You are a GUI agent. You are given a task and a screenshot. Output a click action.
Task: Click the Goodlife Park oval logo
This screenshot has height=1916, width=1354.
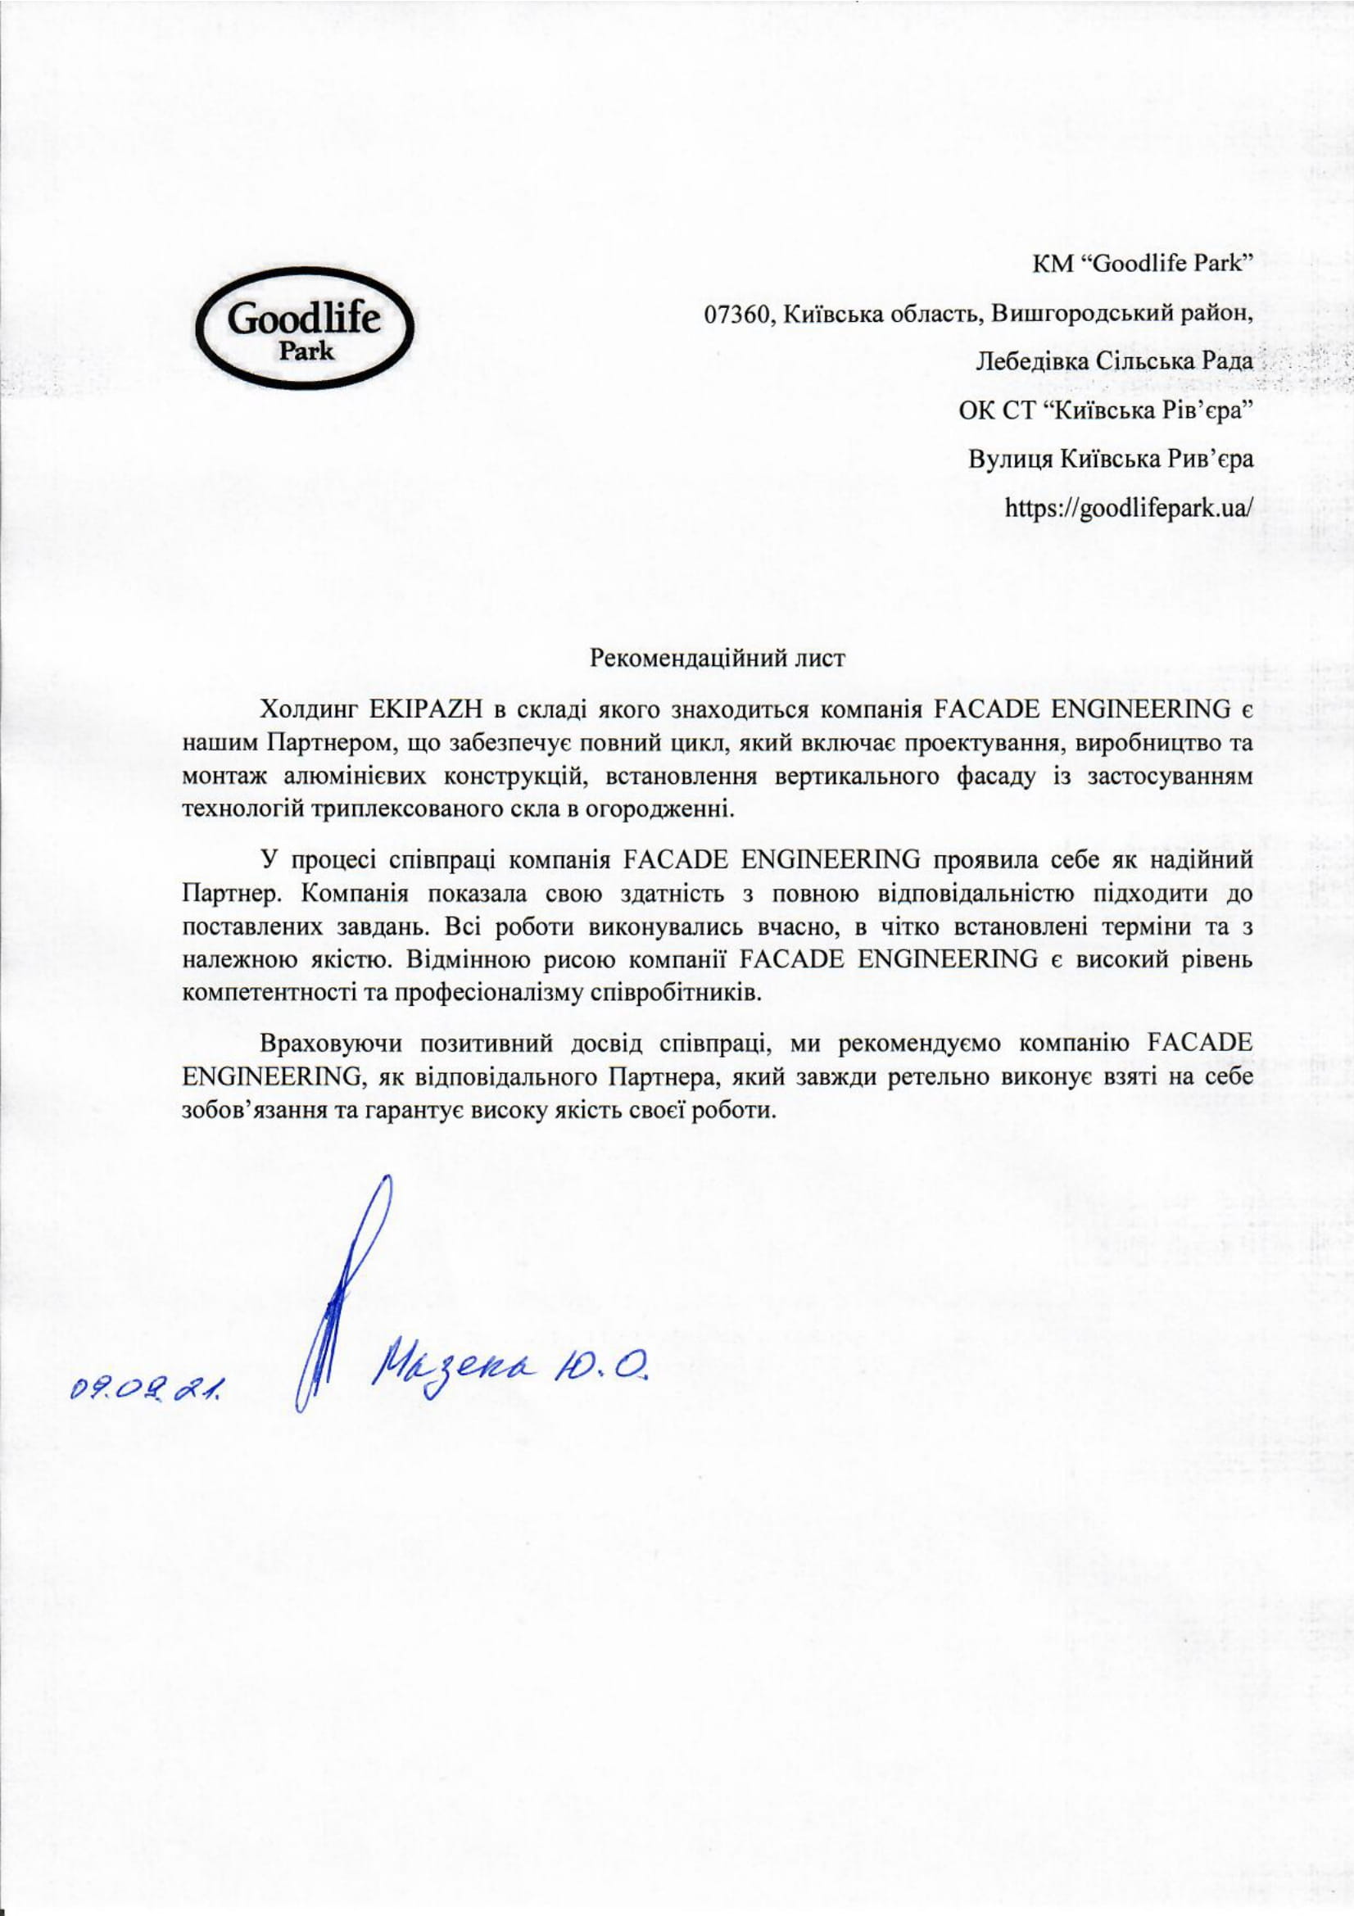(304, 331)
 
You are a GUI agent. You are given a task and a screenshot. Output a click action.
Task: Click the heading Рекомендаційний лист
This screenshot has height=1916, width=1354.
(718, 658)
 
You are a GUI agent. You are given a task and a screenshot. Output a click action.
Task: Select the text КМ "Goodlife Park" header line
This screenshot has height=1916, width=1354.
(1143, 265)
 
